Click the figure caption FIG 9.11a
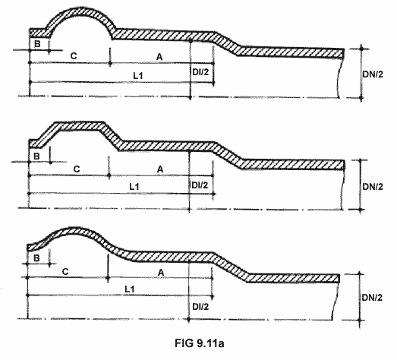200,343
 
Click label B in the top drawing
37,44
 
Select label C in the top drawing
74,55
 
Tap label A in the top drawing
159,57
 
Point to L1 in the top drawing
138,75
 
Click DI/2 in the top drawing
200,72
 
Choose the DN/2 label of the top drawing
373,74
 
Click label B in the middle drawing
36,156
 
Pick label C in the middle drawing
77,169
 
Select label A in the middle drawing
160,169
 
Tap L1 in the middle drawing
134,187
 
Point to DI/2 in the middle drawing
200,185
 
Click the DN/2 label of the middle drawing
373,187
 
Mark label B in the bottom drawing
36,258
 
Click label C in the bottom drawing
65,272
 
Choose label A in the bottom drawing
161,273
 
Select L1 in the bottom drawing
130,289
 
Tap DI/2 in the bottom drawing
200,307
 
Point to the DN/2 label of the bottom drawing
372,298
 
